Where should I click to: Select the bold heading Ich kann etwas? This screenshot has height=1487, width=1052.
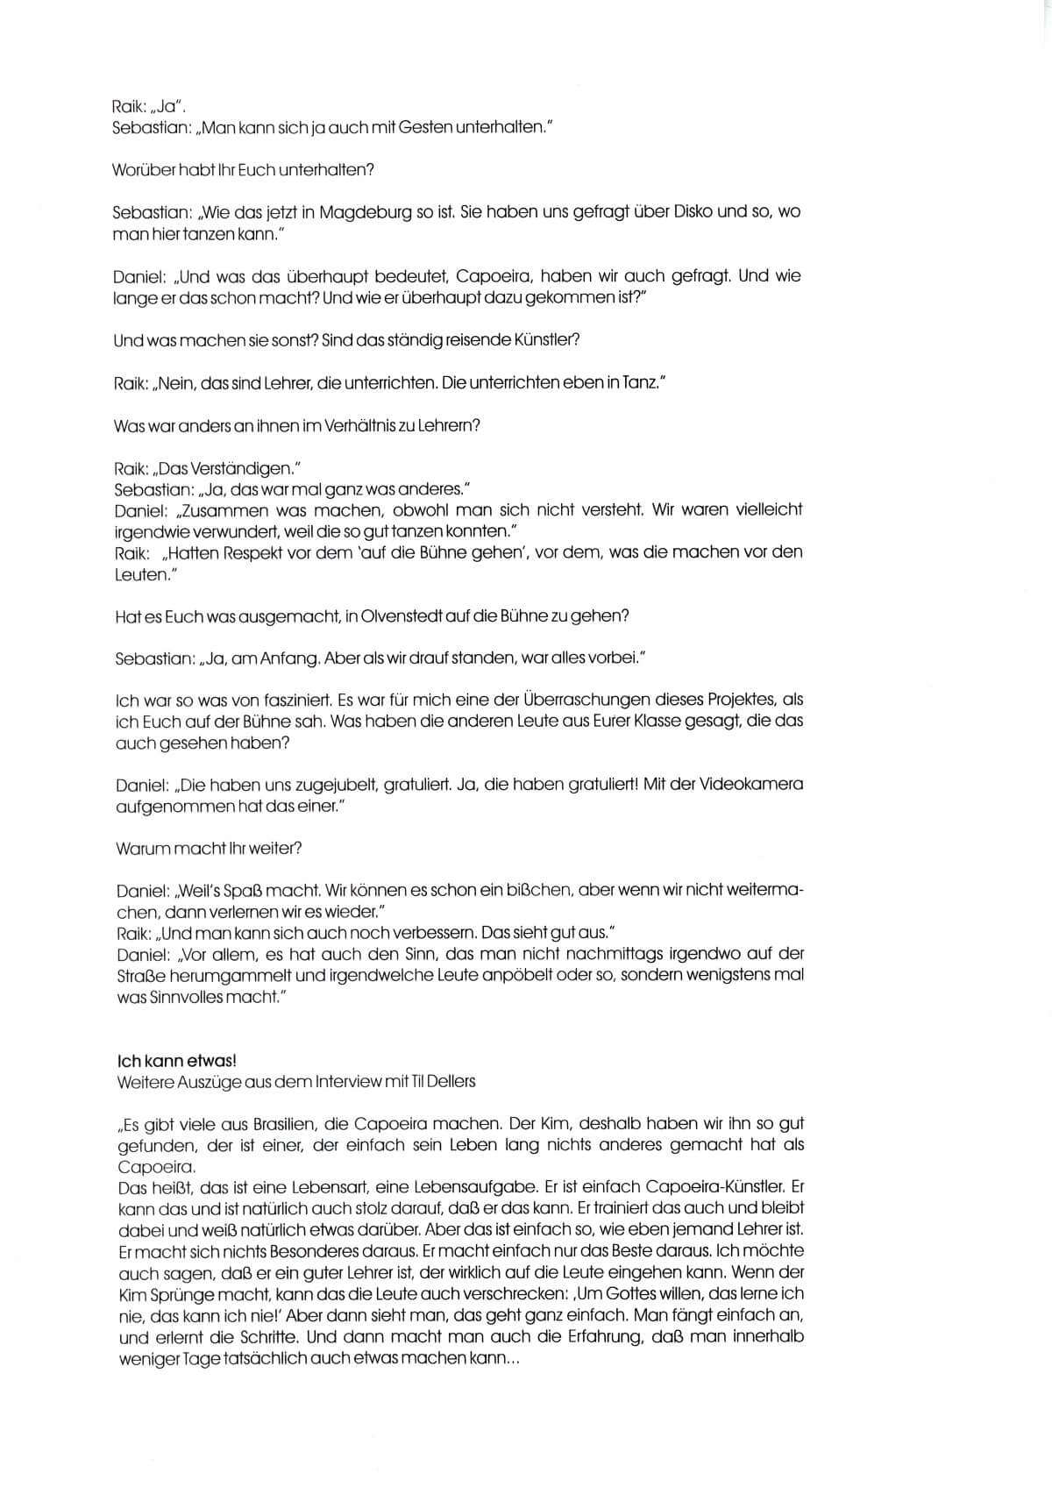point(176,1061)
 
